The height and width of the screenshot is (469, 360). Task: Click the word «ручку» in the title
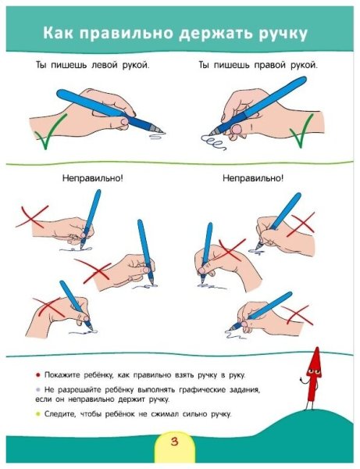283,33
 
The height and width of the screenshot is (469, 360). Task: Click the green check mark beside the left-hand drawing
50,131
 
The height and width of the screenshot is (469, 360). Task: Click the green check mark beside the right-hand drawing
301,131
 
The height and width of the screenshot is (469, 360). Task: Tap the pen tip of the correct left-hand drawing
162,132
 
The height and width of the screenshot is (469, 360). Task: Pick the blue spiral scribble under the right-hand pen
213,143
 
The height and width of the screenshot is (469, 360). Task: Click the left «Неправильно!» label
93,178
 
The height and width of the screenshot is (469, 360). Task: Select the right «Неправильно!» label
253,178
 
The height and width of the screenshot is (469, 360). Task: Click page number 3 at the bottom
174,442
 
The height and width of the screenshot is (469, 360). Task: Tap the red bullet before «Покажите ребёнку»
37,375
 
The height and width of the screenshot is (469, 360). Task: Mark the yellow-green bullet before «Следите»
37,414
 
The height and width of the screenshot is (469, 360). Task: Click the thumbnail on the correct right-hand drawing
237,129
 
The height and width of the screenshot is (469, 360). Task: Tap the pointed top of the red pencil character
317,348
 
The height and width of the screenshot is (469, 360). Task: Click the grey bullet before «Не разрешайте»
37,390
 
